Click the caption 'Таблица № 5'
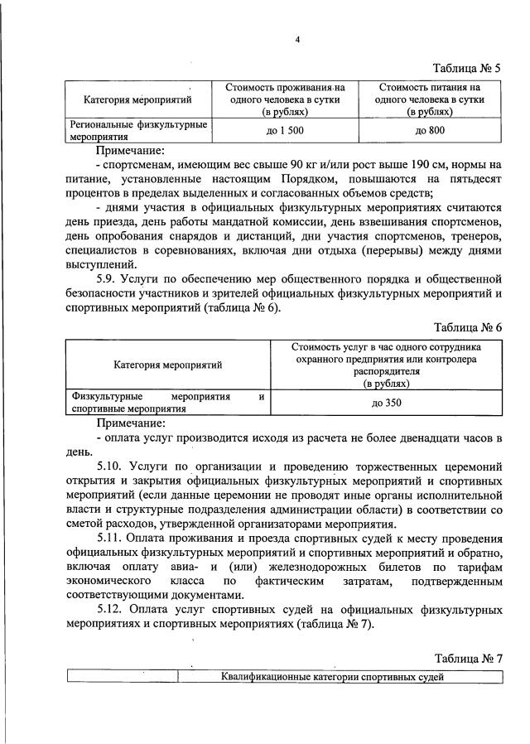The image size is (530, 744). pyautogui.click(x=468, y=67)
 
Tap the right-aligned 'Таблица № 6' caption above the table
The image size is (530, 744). pyautogui.click(x=468, y=326)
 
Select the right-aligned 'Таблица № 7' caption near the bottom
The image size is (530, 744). pyautogui.click(x=468, y=658)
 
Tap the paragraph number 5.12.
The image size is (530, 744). pyautogui.click(x=113, y=610)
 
